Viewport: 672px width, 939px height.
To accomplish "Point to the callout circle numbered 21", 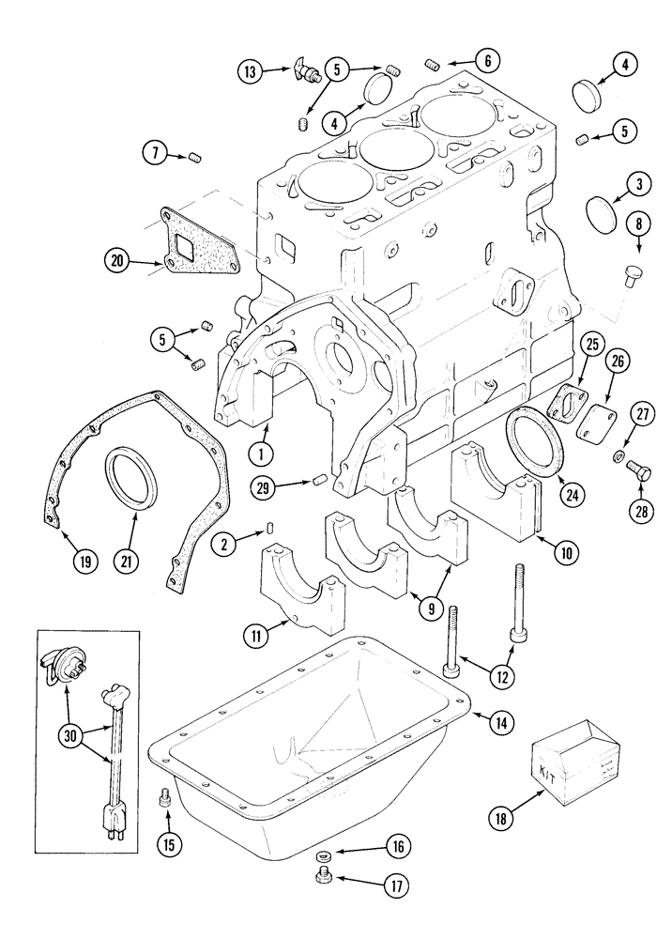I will click(x=127, y=562).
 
